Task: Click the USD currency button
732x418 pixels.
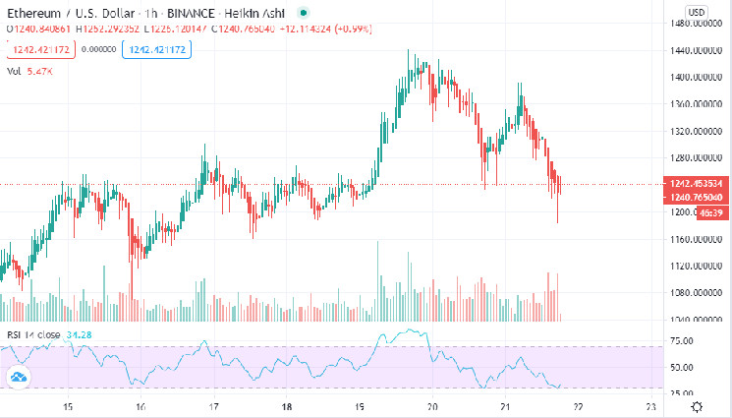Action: [696, 11]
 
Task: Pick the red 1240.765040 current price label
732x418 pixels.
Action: [696, 198]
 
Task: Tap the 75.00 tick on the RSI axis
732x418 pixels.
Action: [682, 340]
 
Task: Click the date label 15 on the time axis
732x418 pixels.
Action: [68, 406]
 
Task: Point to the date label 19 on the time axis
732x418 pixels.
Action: [360, 406]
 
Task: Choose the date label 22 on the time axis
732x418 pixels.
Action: [578, 406]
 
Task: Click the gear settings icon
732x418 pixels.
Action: [697, 406]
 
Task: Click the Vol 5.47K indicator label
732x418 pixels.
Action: [29, 72]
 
